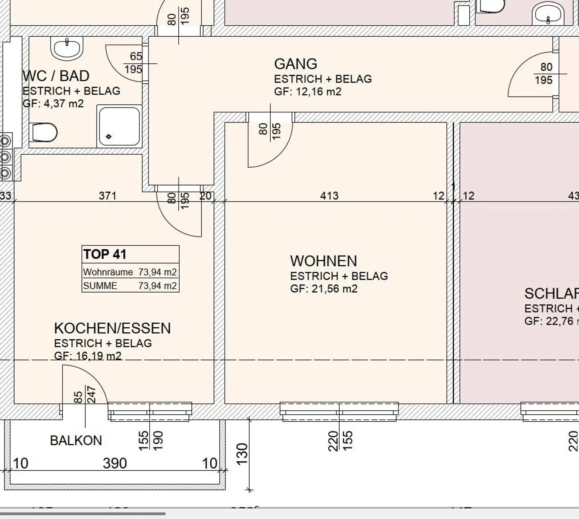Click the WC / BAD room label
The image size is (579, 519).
[x=56, y=76]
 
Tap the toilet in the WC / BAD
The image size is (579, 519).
[x=44, y=132]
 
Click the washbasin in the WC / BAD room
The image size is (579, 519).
[x=67, y=48]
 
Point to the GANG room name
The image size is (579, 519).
[x=296, y=64]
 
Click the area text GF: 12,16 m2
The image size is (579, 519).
[x=308, y=92]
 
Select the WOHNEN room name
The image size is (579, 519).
[x=323, y=261]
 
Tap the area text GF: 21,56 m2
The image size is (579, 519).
[x=324, y=289]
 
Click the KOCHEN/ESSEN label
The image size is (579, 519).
[x=112, y=329]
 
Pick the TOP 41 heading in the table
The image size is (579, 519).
[x=105, y=254]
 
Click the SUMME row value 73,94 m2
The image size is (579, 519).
[x=157, y=286]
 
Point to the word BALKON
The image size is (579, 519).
[x=76, y=441]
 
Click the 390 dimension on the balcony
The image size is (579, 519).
[x=115, y=464]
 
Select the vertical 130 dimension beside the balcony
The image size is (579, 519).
[x=242, y=454]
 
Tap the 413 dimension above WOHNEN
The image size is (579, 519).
[x=329, y=196]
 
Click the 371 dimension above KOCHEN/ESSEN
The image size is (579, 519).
[x=107, y=196]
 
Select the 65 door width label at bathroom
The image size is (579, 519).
[x=136, y=57]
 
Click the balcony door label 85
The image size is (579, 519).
[x=78, y=397]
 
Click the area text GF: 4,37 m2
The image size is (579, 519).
[x=53, y=104]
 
